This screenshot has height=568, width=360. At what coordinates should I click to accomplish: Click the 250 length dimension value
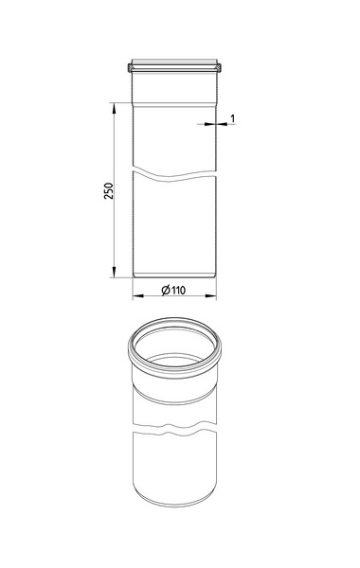click(109, 191)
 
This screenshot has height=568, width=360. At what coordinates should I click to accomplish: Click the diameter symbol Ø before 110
click(165, 290)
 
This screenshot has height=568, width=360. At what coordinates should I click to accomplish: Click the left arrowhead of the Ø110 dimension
click(134, 295)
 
